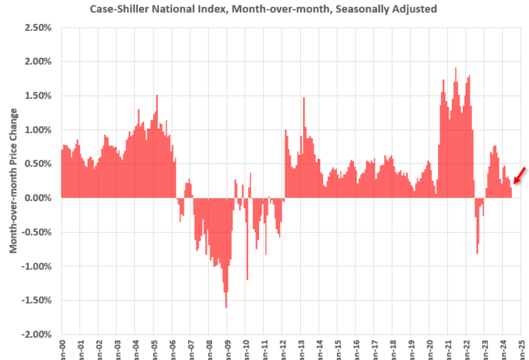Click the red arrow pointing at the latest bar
click(x=522, y=172)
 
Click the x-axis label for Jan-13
click(x=303, y=348)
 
